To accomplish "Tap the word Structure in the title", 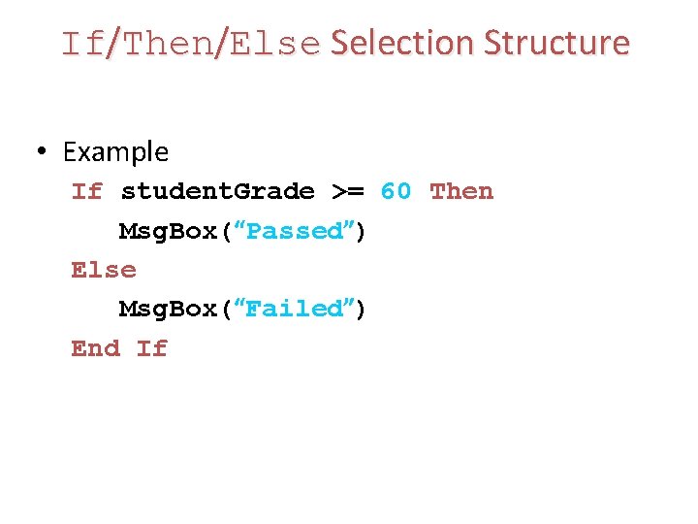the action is click(556, 44).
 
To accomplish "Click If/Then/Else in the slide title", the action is click(190, 45).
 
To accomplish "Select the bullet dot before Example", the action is click(42, 152).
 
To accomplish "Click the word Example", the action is click(115, 152).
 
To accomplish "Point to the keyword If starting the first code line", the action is click(87, 191).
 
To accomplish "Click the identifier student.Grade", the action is click(217, 191).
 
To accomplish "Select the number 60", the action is click(396, 191).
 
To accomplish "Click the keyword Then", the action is click(461, 191).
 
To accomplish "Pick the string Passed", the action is click(295, 231).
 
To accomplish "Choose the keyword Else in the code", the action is click(104, 270).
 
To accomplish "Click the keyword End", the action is click(96, 347).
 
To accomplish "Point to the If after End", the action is click(152, 347).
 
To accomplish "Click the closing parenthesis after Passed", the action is click(361, 231).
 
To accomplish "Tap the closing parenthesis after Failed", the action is click(361, 309).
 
